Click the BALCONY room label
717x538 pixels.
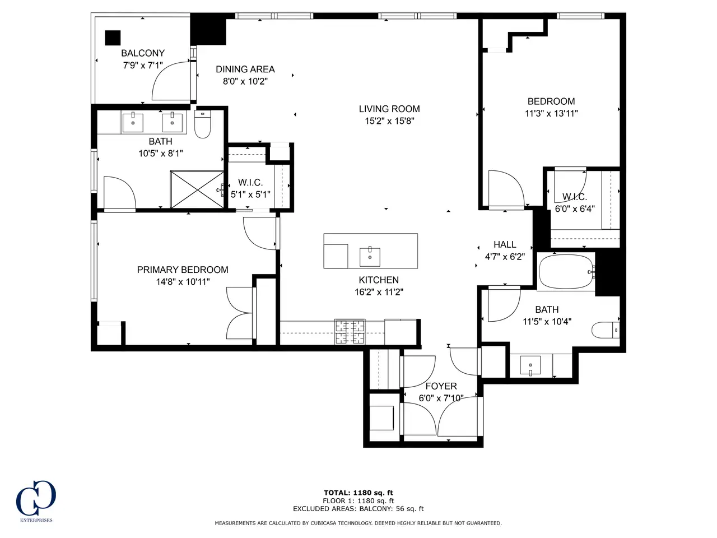(143, 53)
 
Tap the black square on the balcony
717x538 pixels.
(113, 38)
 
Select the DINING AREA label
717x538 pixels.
(245, 69)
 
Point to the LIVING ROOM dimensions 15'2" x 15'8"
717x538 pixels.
(389, 121)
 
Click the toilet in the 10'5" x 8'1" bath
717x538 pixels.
(203, 124)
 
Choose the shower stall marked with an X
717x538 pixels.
(197, 189)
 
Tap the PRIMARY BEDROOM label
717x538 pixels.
(183, 270)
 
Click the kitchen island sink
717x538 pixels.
(370, 257)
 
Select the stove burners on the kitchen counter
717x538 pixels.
(350, 332)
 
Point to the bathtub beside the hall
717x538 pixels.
(566, 272)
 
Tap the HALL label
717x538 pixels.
(505, 244)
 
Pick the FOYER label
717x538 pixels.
(441, 386)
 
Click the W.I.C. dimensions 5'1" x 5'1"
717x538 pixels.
(250, 194)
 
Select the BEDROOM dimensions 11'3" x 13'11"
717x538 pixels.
(551, 114)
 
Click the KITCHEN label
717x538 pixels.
(379, 280)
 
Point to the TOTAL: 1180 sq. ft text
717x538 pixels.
(358, 493)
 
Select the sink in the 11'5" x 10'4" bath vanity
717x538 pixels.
(530, 365)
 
